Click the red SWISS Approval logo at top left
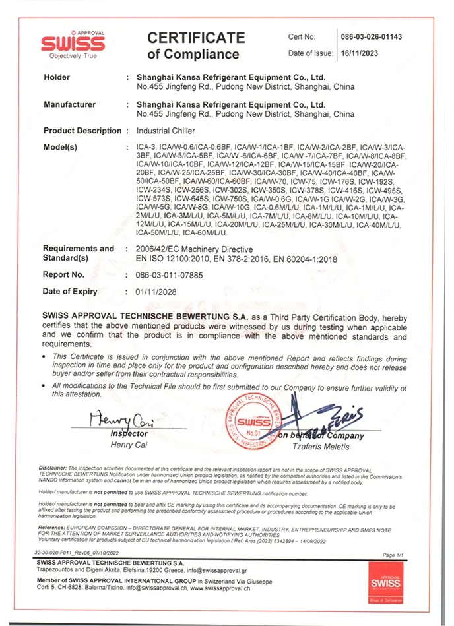click(x=73, y=44)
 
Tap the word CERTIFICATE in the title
click(x=196, y=38)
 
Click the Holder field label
click(x=57, y=77)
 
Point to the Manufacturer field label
click(x=69, y=104)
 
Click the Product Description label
click(x=82, y=131)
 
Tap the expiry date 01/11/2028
click(x=156, y=292)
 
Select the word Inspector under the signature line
click(x=129, y=434)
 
